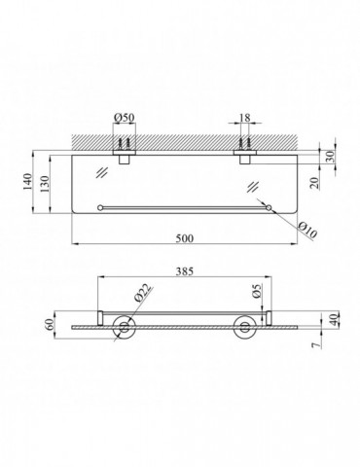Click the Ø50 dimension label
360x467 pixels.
click(125, 118)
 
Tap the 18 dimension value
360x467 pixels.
click(245, 118)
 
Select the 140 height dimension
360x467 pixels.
click(28, 182)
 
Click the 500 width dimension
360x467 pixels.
click(185, 238)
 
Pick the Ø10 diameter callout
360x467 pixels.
click(307, 231)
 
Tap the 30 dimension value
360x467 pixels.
click(330, 157)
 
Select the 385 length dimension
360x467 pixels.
click(185, 271)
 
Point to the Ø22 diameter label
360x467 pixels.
click(142, 293)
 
